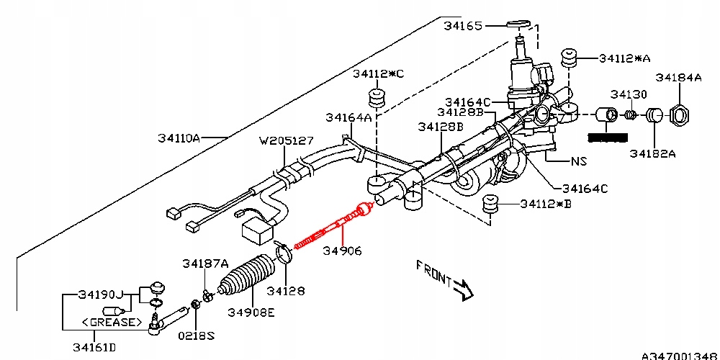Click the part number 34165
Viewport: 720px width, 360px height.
click(x=463, y=26)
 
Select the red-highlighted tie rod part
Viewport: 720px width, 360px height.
click(x=332, y=226)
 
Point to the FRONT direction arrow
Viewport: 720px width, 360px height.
click(x=463, y=289)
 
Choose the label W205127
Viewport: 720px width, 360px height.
click(x=287, y=140)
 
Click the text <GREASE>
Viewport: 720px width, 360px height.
click(x=112, y=322)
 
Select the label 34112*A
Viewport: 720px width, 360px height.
click(x=625, y=58)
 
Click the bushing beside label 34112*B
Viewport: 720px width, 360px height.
click(x=491, y=204)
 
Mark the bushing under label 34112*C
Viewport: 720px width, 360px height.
click(x=377, y=98)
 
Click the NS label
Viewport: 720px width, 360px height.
click(x=579, y=161)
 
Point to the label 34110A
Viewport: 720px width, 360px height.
click(x=179, y=138)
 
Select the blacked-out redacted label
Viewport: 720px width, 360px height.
click(x=608, y=138)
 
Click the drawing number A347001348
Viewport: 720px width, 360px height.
click(x=680, y=356)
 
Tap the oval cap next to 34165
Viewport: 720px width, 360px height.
click(x=519, y=24)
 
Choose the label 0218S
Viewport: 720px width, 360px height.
click(x=197, y=336)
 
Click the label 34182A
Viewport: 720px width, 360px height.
click(x=652, y=153)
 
